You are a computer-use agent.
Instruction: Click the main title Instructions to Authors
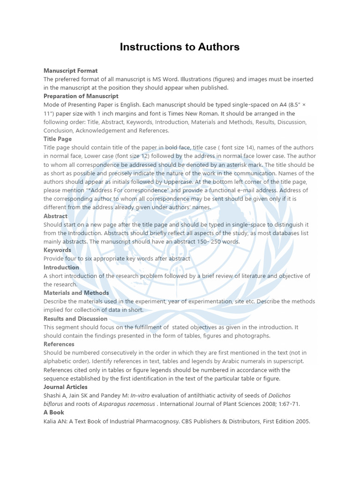180,47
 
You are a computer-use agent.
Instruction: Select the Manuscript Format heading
70,71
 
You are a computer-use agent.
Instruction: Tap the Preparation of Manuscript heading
81,96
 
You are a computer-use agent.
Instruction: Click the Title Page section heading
58,139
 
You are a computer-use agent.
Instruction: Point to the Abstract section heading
55,216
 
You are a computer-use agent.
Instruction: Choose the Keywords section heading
57,250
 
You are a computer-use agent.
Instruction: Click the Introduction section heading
61,267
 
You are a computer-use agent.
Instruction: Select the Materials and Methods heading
76,292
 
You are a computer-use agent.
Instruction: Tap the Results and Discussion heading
75,319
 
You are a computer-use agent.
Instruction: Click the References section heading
59,344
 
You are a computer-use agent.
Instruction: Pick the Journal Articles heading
66,387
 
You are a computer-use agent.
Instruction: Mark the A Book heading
54,412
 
